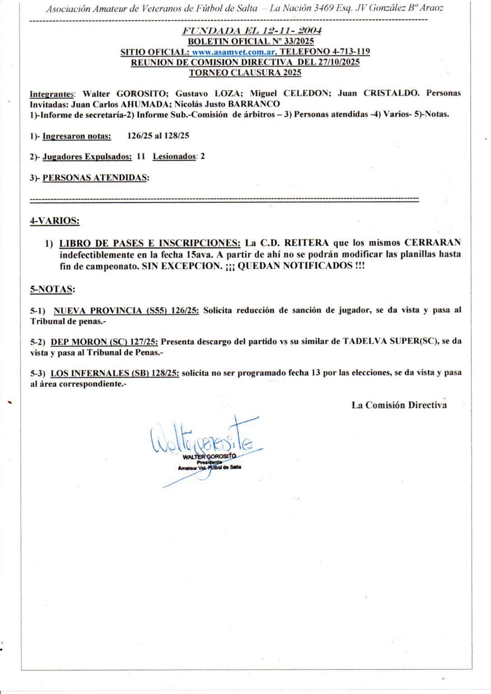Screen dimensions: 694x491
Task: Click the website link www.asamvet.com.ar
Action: pyautogui.click(x=234, y=52)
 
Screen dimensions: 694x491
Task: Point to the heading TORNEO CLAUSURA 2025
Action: pyautogui.click(x=245, y=73)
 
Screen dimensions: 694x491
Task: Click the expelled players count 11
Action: pyautogui.click(x=141, y=156)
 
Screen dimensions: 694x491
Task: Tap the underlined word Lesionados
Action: pyautogui.click(x=174, y=156)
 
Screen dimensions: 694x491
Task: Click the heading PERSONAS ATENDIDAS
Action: pyautogui.click(x=95, y=178)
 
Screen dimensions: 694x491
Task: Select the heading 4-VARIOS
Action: pyautogui.click(x=55, y=221)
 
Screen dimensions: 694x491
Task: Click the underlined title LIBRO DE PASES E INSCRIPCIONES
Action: pyautogui.click(x=150, y=243)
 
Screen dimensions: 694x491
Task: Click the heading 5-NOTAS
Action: pyautogui.click(x=52, y=289)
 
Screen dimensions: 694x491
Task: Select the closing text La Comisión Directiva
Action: pyautogui.click(x=399, y=405)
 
